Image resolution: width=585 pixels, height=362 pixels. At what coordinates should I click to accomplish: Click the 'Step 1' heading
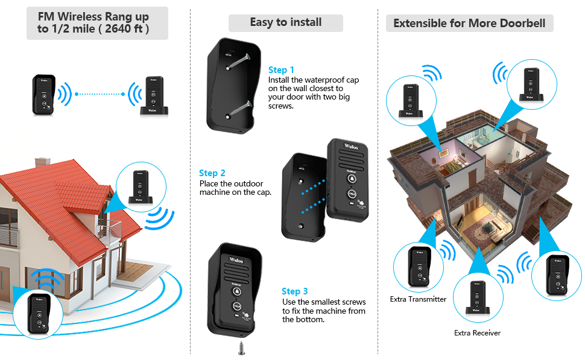282,70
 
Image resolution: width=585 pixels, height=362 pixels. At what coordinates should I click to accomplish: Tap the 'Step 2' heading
212,173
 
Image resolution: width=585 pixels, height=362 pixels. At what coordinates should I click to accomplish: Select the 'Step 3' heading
295,291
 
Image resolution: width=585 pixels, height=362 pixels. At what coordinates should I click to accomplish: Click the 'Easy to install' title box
285,23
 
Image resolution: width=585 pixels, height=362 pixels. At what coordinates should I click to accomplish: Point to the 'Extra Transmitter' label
418,299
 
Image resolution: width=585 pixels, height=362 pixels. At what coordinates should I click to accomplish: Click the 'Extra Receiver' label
477,333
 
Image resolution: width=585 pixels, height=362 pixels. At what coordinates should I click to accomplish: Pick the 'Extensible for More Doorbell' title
469,24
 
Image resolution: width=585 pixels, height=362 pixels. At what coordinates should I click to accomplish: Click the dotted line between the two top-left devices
100,94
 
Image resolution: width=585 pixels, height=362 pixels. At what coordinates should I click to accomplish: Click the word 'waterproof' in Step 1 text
326,80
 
